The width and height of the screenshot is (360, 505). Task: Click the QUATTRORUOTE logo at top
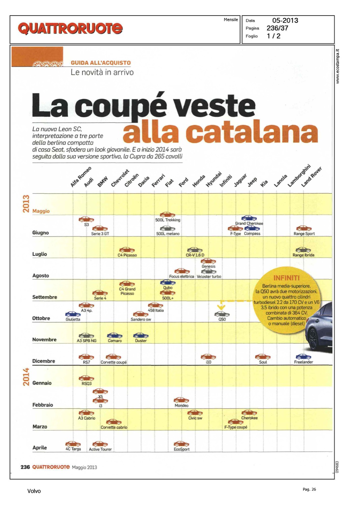tap(70, 29)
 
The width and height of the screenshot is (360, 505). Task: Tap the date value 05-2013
tap(285, 21)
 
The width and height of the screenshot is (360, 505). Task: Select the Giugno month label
tap(40, 233)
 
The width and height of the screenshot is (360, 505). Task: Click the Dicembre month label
tap(43, 361)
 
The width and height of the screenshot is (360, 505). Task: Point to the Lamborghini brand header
tap(299, 175)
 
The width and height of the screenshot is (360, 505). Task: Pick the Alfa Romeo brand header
tap(81, 177)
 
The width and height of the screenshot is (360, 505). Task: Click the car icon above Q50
tap(222, 314)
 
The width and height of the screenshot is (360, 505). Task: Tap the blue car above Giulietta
tap(73, 314)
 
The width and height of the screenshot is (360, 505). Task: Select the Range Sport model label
tap(304, 234)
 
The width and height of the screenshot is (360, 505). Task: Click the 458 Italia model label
tap(156, 310)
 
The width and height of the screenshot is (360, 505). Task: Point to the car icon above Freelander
tap(303, 357)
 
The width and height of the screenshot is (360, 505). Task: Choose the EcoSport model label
tap(182, 449)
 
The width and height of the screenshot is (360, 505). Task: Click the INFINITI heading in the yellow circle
tap(286, 278)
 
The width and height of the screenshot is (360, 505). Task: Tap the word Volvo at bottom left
tap(34, 491)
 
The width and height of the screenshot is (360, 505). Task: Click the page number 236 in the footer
tap(25, 467)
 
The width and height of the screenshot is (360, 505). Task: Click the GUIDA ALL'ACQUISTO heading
tap(101, 63)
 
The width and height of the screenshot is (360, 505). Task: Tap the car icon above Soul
tap(263, 357)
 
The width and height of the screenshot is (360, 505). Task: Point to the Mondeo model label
tap(182, 406)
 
